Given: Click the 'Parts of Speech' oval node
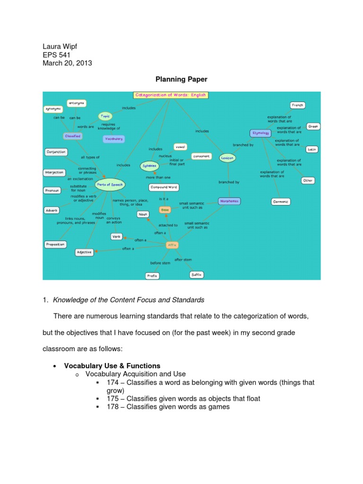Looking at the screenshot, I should point(110,185).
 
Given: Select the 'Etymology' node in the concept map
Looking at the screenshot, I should point(261,133).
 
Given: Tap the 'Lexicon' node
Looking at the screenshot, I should point(227,158).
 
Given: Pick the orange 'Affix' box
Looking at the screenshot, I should point(172,244).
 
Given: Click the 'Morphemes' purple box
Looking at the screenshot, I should point(230,201).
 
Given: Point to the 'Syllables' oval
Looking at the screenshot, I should point(149,166).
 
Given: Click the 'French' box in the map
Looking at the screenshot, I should point(297,105).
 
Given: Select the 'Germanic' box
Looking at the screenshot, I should point(281,202).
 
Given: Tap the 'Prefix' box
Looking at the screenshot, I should point(152,276).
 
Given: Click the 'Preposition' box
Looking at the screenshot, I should point(55,244).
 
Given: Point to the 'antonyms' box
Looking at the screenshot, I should point(76,102).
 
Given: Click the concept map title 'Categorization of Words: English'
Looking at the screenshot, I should point(171,95).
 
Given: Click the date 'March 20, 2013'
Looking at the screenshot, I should point(68,63).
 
